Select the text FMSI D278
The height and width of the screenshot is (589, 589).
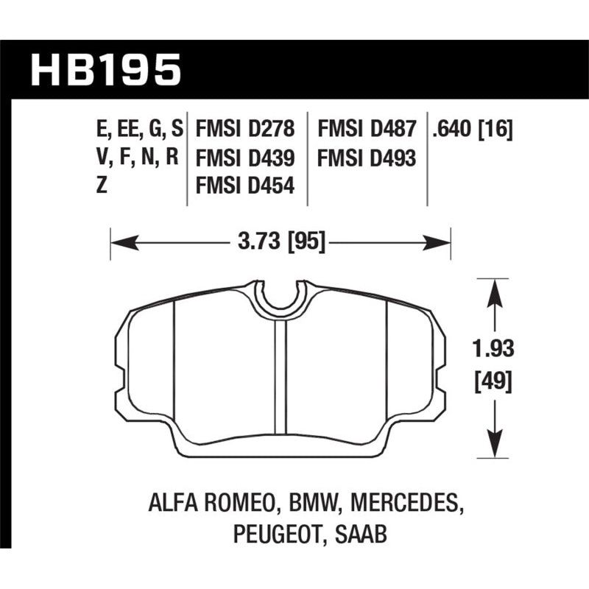[245, 131]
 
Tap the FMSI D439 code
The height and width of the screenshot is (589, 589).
[245, 158]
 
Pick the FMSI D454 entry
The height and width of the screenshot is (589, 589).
[245, 186]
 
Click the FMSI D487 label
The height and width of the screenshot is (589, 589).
[367, 131]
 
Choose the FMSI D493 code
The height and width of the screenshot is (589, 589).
[367, 158]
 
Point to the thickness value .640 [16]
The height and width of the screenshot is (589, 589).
[473, 131]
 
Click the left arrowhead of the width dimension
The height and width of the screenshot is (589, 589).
[118, 240]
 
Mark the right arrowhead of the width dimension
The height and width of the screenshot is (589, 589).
[442, 240]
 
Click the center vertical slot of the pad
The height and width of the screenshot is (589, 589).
[280, 375]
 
